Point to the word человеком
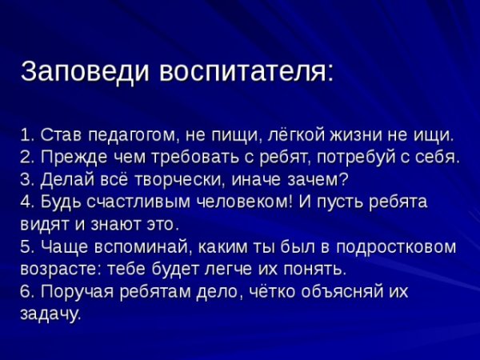(x=240, y=200)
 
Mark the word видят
(x=39, y=222)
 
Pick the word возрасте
(x=54, y=267)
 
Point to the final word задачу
(x=49, y=313)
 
